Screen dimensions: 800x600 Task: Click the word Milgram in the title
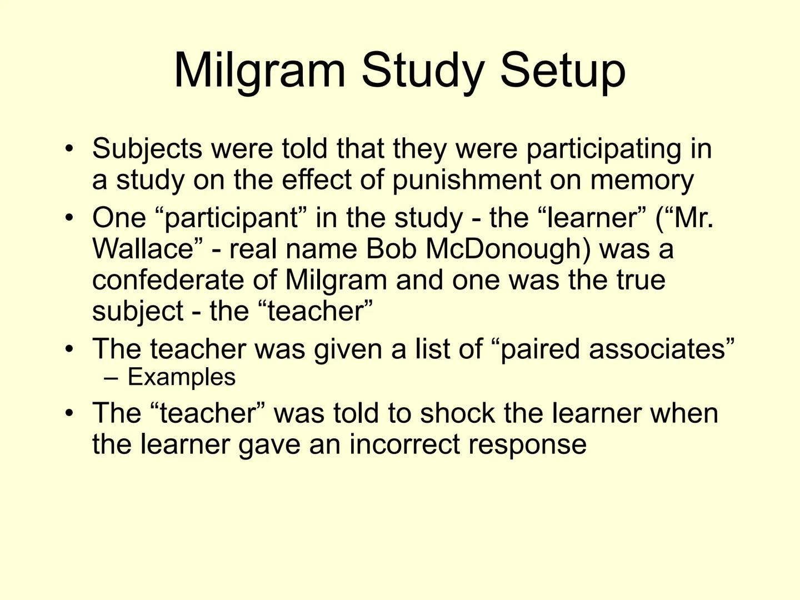(x=259, y=71)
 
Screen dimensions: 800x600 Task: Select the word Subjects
(x=147, y=149)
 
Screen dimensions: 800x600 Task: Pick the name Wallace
(x=143, y=248)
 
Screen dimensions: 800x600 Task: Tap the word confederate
(x=168, y=280)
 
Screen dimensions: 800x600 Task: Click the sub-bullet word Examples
(x=182, y=378)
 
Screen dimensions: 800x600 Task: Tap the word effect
(x=317, y=180)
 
